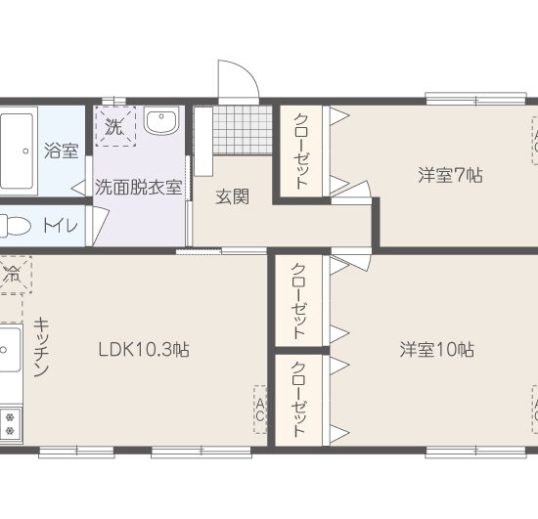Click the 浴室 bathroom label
(x=61, y=151)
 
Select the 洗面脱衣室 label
(x=138, y=187)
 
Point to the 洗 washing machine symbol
(x=114, y=127)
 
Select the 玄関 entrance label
(x=231, y=196)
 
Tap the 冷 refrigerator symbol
(x=13, y=274)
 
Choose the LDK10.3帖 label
(x=142, y=350)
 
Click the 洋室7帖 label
(x=450, y=176)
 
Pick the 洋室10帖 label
(x=436, y=349)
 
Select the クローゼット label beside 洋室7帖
(x=302, y=151)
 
